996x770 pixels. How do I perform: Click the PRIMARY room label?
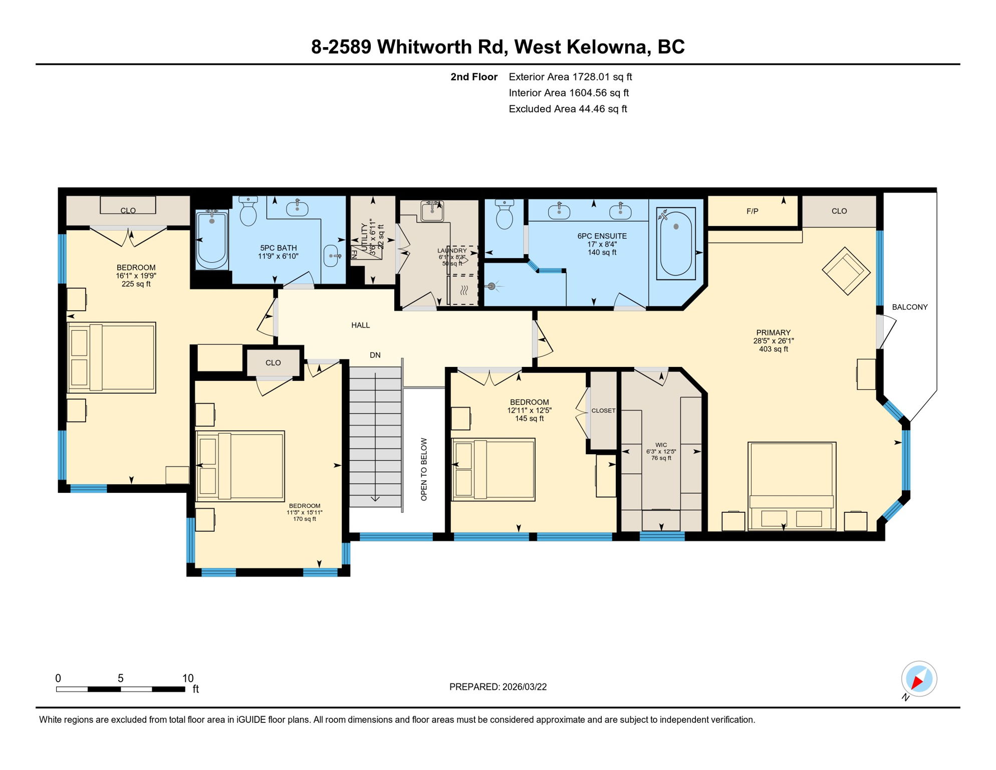pos(773,332)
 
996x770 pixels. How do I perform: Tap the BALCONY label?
pos(909,307)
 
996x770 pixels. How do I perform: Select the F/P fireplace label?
pos(752,211)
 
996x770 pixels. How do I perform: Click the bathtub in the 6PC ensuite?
pos(675,243)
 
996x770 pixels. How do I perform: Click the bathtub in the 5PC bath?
pos(211,240)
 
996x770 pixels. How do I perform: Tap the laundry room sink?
pos(431,211)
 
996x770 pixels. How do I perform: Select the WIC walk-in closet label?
pos(661,445)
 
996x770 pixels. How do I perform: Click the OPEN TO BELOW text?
pos(424,469)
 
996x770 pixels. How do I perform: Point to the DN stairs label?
pos(375,355)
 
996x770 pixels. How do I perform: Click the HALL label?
pos(360,325)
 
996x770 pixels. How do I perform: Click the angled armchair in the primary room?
pos(846,271)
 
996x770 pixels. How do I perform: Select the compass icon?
pos(919,679)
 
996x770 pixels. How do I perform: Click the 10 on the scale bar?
pos(187,678)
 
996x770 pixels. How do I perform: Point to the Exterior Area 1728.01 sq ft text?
pos(570,77)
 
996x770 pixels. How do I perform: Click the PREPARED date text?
pos(497,687)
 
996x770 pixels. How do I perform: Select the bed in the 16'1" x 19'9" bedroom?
pos(111,357)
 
